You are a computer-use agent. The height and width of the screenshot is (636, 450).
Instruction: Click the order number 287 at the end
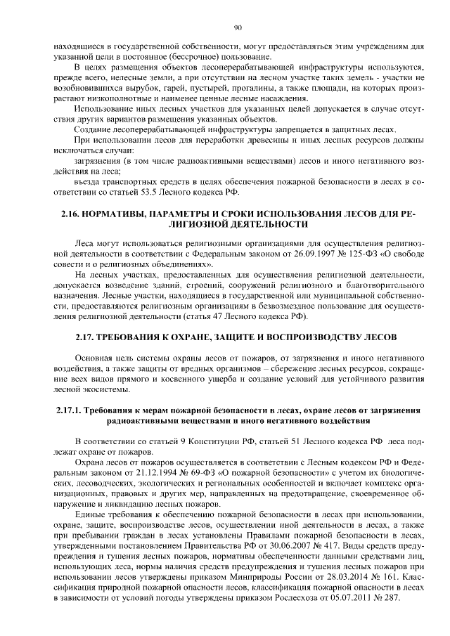390,596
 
